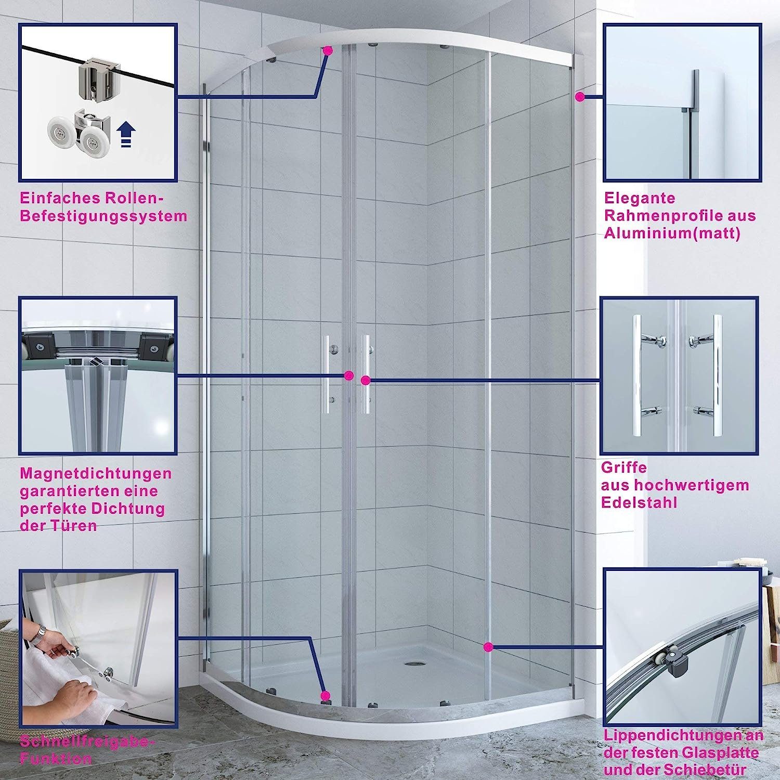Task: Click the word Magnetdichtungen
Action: click(x=96, y=474)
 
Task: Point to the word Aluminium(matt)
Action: click(x=672, y=233)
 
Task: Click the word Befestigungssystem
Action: click(x=103, y=216)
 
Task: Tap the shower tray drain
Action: click(x=414, y=663)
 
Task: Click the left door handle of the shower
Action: click(x=328, y=374)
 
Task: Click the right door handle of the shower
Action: click(x=367, y=374)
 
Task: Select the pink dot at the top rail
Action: click(x=328, y=50)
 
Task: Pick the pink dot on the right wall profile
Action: click(x=580, y=97)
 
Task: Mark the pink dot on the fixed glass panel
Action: click(x=488, y=647)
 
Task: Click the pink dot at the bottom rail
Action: click(x=326, y=696)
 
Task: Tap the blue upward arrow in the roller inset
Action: click(x=124, y=135)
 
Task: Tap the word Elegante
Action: click(x=640, y=198)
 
